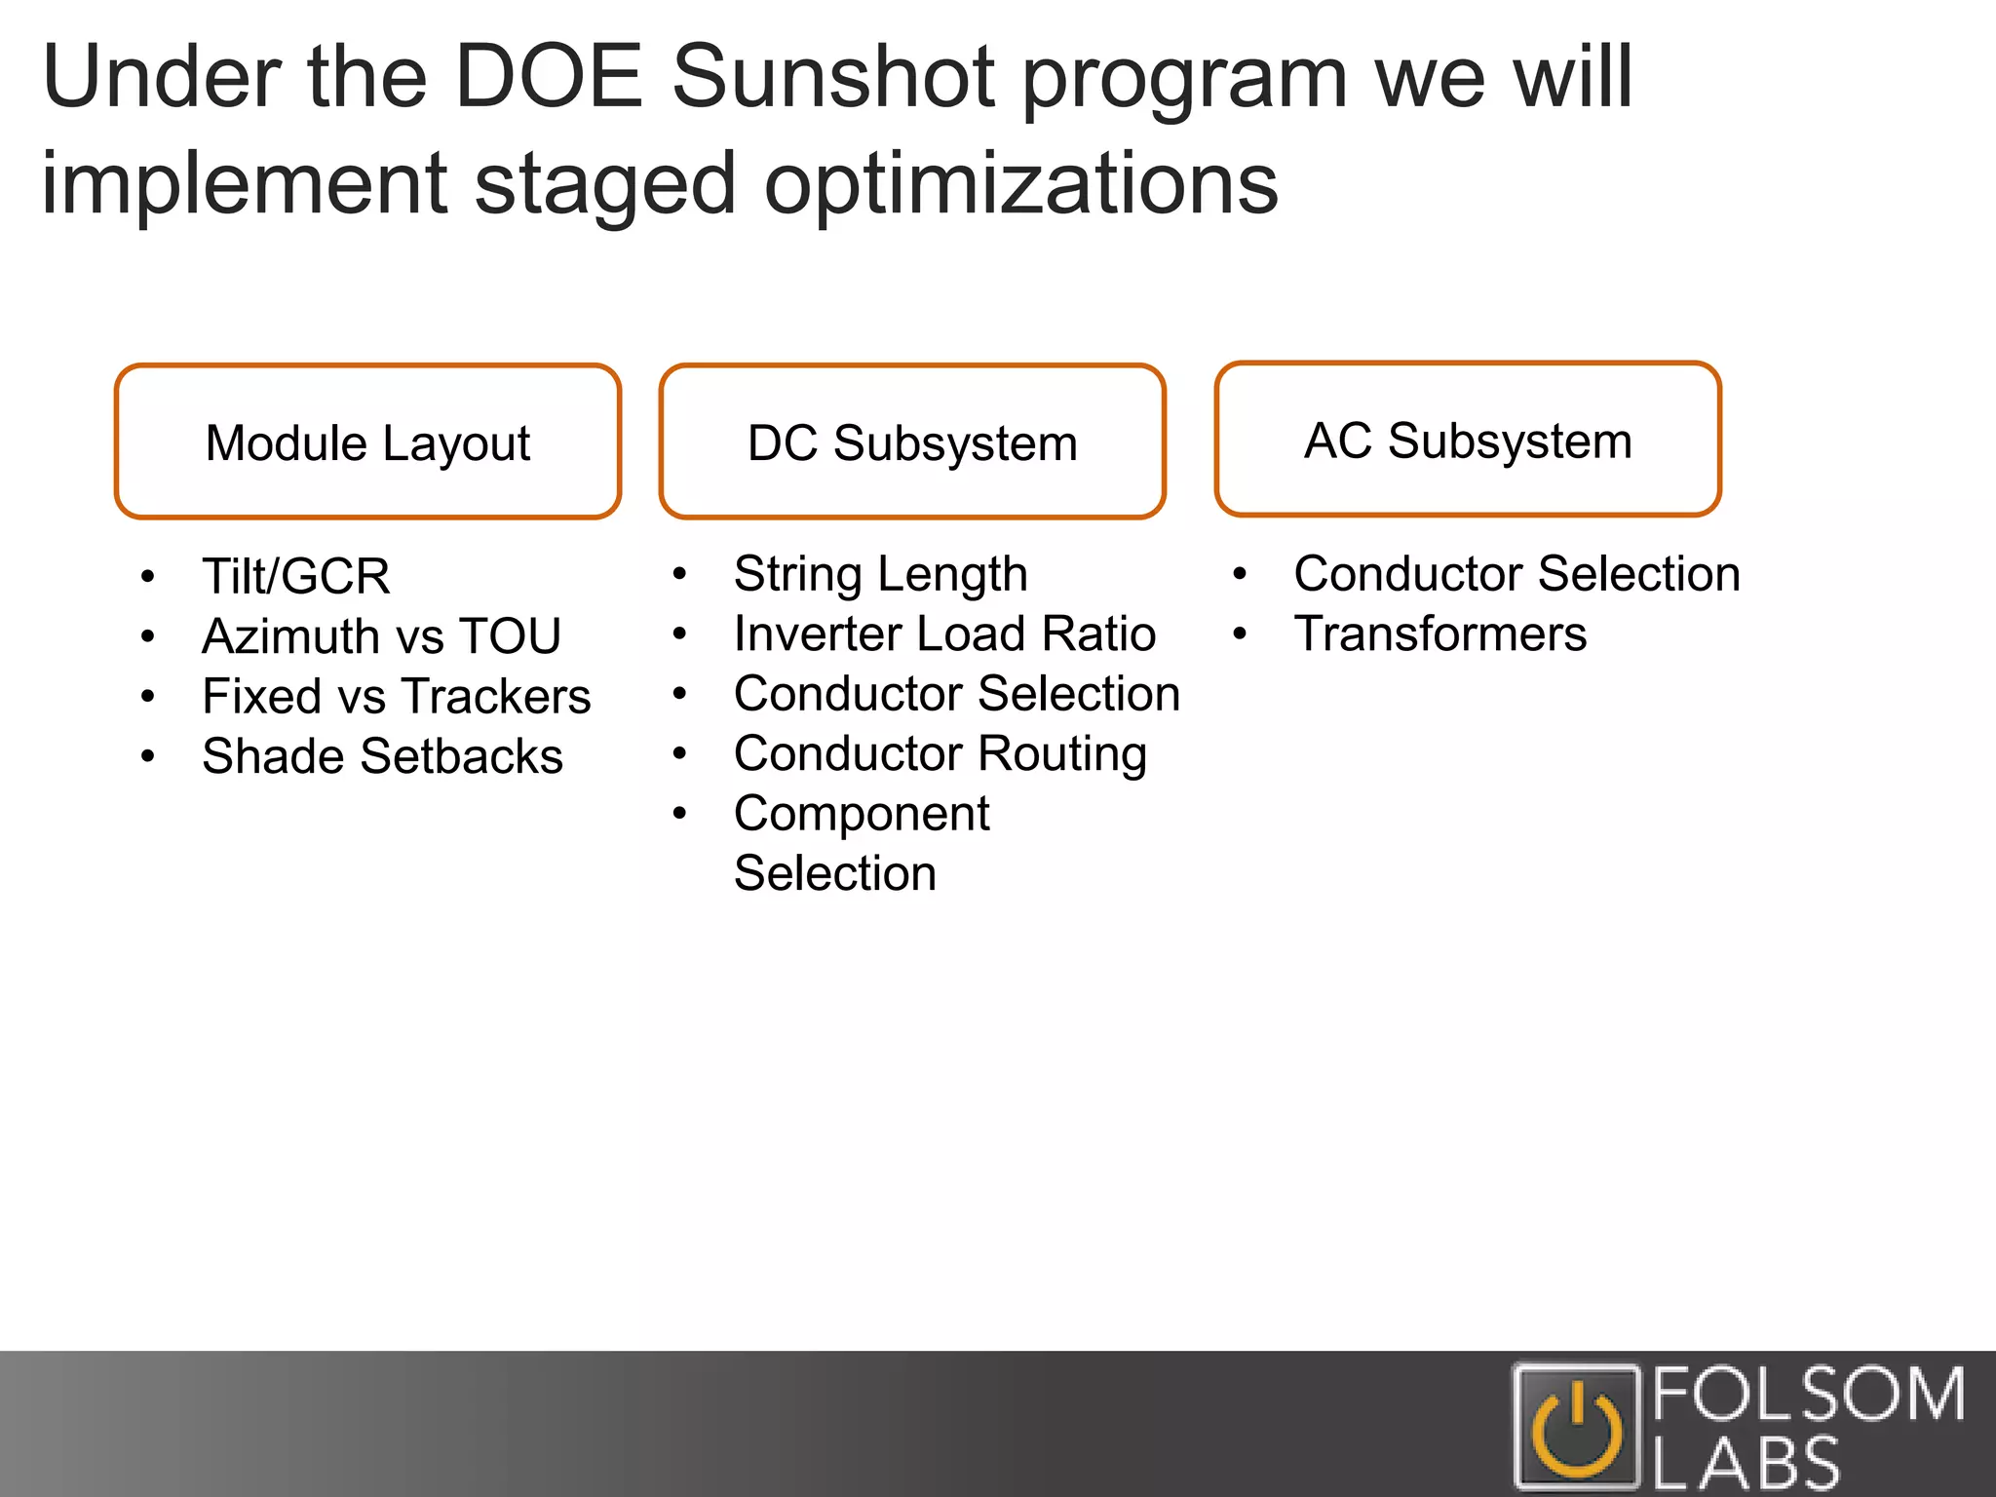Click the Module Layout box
[x=367, y=441]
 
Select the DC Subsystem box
[x=912, y=441]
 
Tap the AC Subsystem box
[x=1468, y=439]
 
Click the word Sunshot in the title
[x=832, y=78]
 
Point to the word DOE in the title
[x=548, y=78]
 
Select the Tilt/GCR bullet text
[x=295, y=576]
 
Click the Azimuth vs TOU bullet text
[x=381, y=636]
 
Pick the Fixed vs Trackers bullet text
[x=396, y=697]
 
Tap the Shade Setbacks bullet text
[x=382, y=756]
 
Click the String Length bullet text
[x=880, y=574]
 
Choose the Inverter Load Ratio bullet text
[x=944, y=633]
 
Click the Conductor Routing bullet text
[x=940, y=754]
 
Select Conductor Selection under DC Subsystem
[x=956, y=694]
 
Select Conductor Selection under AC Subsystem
[x=1516, y=574]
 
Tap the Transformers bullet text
[x=1439, y=634]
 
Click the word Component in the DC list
[x=862, y=814]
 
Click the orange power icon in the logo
[x=1576, y=1430]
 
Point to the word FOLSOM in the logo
[x=1809, y=1394]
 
